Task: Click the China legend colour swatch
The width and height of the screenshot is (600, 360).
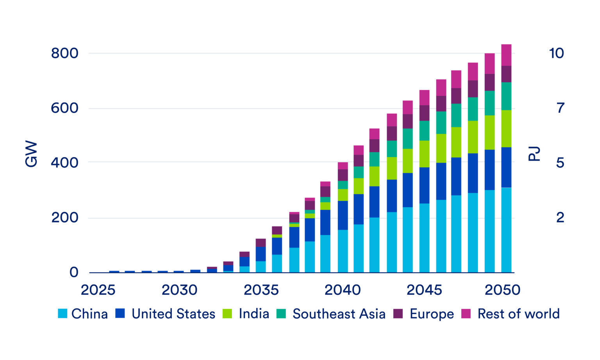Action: tap(62, 313)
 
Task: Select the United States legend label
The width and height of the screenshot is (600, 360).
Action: tap(173, 313)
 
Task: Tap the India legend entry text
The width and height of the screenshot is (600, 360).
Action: tap(254, 313)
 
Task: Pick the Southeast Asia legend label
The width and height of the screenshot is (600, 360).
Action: tap(339, 313)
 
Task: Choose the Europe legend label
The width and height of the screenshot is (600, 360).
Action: tap(432, 313)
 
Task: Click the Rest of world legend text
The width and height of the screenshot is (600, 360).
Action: tap(518, 313)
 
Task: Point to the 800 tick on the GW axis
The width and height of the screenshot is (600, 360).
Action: tap(64, 53)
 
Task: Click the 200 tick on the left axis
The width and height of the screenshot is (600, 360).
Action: tap(64, 218)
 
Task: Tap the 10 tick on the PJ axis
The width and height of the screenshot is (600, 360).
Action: tap(556, 53)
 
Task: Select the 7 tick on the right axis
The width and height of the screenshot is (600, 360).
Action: tap(560, 108)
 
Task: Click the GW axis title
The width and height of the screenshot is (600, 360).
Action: tap(31, 154)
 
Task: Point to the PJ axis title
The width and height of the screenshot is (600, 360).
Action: tap(534, 154)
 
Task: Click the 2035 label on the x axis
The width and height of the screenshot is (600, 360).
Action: tap(261, 290)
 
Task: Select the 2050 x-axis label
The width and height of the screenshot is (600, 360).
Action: tap(502, 290)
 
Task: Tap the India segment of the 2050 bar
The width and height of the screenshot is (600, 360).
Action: tap(506, 129)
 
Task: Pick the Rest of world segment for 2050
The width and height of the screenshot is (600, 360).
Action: tap(506, 55)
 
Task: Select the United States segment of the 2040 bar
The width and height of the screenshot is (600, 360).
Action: tap(343, 215)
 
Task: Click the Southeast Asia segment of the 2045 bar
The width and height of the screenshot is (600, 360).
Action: tap(424, 131)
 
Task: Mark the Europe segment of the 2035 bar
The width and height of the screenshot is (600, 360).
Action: tap(261, 243)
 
